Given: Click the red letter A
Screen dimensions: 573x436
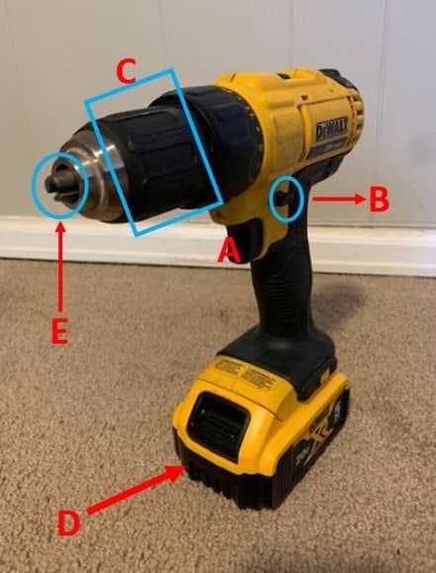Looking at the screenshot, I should point(229,252).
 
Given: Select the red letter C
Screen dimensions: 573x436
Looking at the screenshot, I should point(127,70).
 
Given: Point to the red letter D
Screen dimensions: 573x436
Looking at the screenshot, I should point(68,521).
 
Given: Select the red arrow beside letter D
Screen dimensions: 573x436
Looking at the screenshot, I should point(133,490).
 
